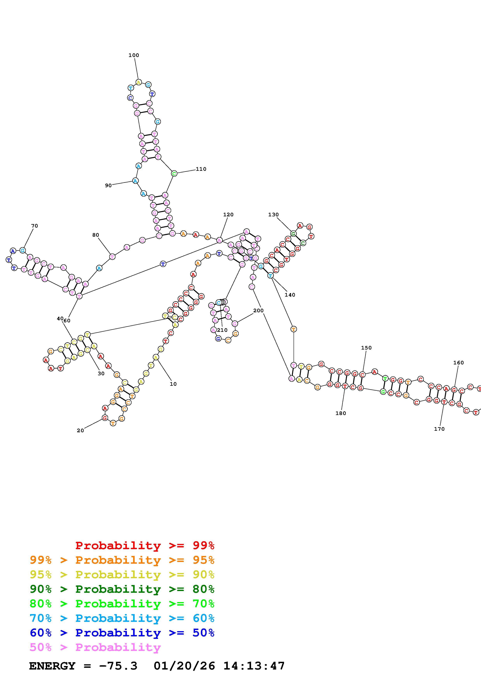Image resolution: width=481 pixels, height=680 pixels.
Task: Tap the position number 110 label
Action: tap(201, 169)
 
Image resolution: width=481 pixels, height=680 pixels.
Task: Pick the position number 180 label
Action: tap(341, 413)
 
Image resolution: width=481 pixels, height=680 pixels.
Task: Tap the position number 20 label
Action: tap(80, 431)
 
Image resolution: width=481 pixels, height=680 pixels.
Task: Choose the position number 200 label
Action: tap(258, 310)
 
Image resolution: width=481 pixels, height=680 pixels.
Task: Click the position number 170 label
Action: tap(439, 429)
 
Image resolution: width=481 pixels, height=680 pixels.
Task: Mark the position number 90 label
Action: tap(108, 185)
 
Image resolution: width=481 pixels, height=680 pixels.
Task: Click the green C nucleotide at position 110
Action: tap(174, 173)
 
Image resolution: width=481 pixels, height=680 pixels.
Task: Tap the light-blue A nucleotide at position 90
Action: tap(135, 181)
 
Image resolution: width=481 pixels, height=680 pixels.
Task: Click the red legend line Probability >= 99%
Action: tap(145, 545)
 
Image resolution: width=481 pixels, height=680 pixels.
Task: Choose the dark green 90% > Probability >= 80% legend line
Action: tap(122, 589)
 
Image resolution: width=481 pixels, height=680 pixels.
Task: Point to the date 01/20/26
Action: tap(184, 666)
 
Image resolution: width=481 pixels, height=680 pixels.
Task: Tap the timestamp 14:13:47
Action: tap(254, 666)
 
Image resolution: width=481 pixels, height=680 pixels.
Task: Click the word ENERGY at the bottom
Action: tap(52, 666)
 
